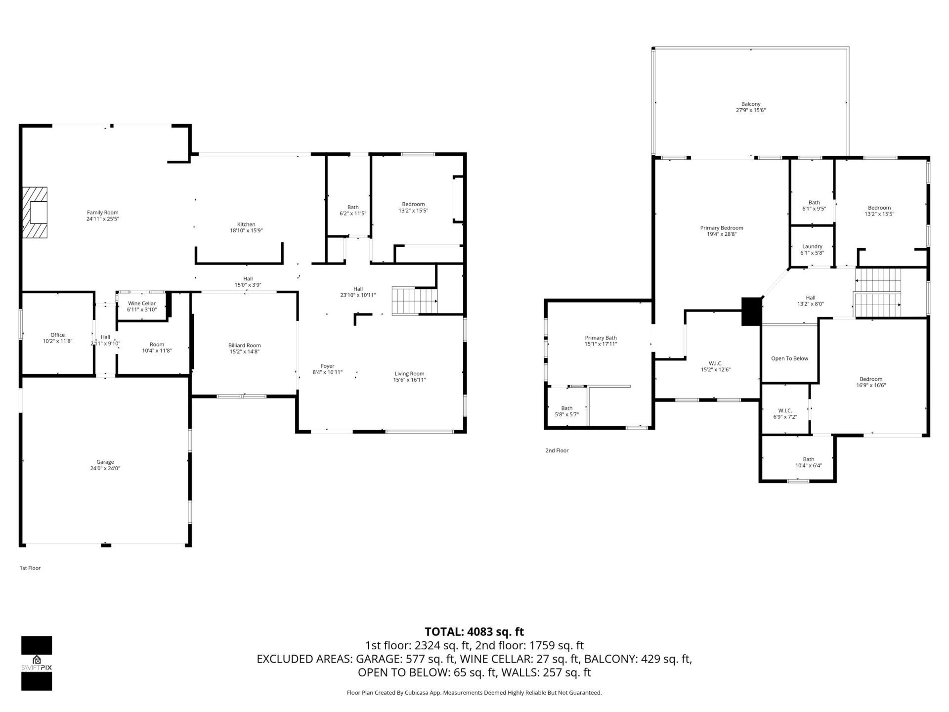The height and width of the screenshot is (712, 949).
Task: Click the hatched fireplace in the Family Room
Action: tap(35, 212)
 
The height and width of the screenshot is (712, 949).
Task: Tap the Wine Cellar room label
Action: tap(142, 303)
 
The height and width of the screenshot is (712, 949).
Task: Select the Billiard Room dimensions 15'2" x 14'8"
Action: tap(244, 352)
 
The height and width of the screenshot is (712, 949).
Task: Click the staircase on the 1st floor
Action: tap(415, 301)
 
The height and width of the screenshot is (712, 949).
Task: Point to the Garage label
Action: tap(105, 462)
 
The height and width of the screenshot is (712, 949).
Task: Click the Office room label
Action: tap(57, 335)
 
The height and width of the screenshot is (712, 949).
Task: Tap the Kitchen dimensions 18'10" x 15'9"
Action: tap(246, 230)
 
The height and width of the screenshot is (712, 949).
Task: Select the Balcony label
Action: tap(750, 104)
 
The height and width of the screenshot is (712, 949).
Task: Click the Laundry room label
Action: tap(812, 246)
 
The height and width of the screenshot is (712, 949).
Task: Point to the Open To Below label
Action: tap(789, 358)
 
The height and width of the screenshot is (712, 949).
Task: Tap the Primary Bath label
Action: tap(601, 338)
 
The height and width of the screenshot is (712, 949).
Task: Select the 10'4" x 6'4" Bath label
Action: tap(808, 465)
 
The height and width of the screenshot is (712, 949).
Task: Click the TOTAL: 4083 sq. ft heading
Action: tap(474, 631)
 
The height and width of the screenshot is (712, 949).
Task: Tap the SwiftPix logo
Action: tap(37, 663)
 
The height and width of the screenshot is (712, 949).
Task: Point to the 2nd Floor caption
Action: tap(557, 450)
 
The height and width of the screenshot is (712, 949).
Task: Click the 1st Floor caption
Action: tap(30, 568)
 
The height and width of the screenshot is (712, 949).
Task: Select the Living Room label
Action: tap(409, 373)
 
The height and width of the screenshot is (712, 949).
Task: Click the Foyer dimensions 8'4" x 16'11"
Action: tap(327, 372)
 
